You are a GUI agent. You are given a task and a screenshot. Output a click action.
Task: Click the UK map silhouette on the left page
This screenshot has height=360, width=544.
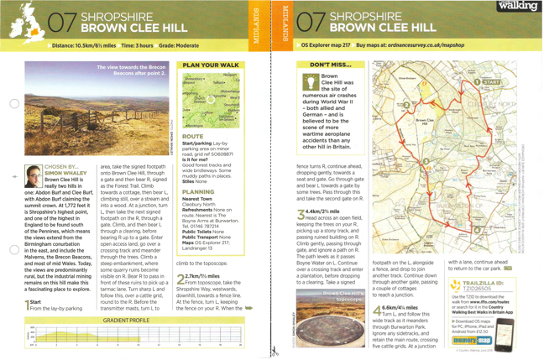25,21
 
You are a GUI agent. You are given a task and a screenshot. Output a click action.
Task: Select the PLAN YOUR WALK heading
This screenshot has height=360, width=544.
210,65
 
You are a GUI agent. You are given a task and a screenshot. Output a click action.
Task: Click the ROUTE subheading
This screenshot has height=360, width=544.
192,136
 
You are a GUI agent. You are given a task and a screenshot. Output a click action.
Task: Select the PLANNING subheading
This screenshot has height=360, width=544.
198,192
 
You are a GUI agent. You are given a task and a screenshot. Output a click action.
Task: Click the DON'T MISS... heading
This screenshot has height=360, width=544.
331,65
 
